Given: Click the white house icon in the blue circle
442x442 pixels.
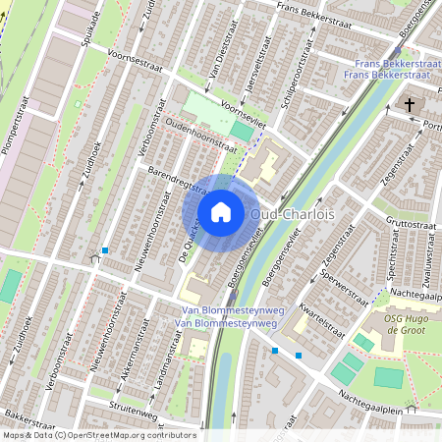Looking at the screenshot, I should click(221, 212).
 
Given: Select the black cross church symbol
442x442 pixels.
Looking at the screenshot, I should click(409, 105).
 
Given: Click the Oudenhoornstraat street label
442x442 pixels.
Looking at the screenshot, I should click(201, 134).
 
